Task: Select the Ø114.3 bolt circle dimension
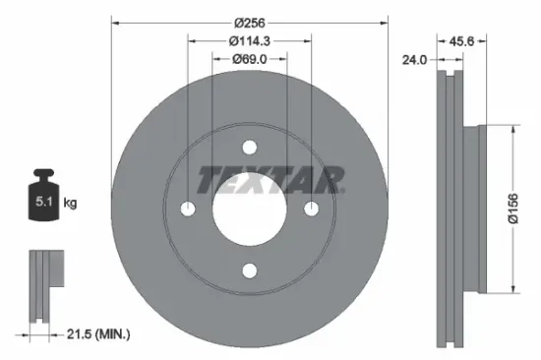(x=249, y=40)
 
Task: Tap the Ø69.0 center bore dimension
(x=249, y=61)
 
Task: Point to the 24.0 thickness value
(x=414, y=59)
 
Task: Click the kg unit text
(x=70, y=203)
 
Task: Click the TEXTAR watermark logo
(x=271, y=180)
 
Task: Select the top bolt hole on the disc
(x=249, y=148)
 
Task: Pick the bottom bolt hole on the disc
(x=249, y=270)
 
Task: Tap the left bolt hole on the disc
(x=188, y=209)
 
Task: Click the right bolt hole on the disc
(x=310, y=209)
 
